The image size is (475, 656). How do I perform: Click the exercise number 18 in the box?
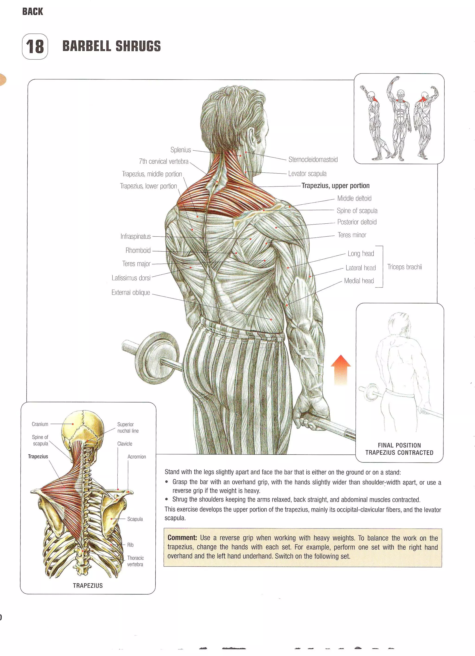pos(35,47)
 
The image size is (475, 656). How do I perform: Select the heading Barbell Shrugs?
pos(111,46)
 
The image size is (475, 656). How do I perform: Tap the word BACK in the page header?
pos(32,12)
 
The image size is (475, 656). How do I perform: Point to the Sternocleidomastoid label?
pos(313,159)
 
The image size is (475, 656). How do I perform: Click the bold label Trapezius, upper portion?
pos(335,186)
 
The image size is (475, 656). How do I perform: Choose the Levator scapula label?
pos(307,174)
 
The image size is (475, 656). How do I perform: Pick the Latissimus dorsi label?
pos(131,278)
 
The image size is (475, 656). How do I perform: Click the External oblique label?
pos(131,292)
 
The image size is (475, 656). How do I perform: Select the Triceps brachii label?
pos(404,267)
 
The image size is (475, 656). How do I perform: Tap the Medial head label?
pos(359,281)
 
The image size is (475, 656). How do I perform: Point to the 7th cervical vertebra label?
pos(164,162)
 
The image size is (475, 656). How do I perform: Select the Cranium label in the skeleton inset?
pos(40,424)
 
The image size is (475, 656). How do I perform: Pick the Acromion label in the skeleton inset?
pos(137,457)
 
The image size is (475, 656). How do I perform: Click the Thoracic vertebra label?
pos(135,561)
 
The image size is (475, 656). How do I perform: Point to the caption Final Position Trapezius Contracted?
pos(399,449)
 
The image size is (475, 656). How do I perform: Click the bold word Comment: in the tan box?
pos(182,538)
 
